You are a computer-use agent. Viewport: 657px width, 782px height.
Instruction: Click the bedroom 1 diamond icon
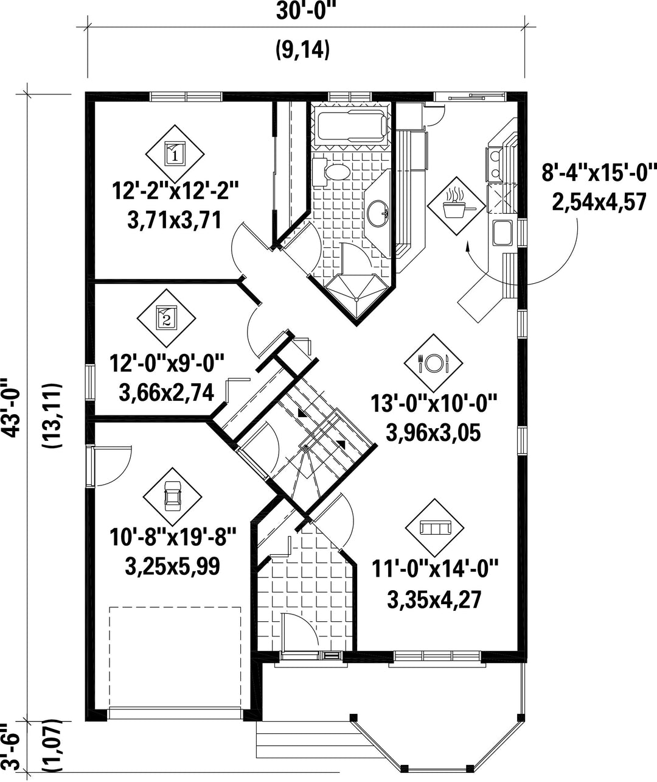[x=175, y=154]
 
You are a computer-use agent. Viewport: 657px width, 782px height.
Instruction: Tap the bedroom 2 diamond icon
[x=166, y=319]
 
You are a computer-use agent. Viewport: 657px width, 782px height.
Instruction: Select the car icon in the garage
[x=173, y=496]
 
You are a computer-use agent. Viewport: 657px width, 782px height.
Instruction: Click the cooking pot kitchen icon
[x=457, y=206]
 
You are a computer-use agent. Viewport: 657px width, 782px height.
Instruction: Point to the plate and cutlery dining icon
[x=434, y=363]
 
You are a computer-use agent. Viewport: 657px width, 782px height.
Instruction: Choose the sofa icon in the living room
[x=435, y=528]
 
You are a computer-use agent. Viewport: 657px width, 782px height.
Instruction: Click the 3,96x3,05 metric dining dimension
[x=433, y=434]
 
